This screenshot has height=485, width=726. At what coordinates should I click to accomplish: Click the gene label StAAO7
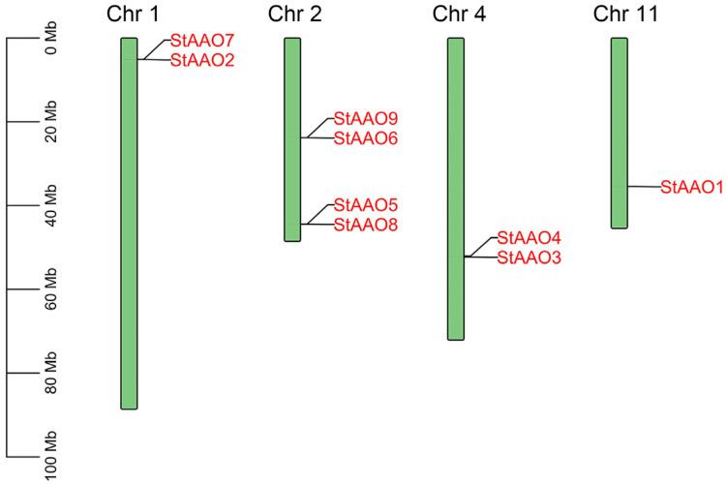pyautogui.click(x=202, y=41)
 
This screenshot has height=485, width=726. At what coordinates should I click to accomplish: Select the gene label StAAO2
pyautogui.click(x=202, y=60)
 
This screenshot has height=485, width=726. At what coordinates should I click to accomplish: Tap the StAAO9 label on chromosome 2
pyautogui.click(x=366, y=118)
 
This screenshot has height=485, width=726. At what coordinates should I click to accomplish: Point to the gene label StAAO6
pyautogui.click(x=366, y=138)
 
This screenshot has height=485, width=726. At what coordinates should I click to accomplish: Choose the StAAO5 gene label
pyautogui.click(x=366, y=204)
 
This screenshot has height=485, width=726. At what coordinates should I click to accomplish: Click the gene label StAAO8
pyautogui.click(x=366, y=225)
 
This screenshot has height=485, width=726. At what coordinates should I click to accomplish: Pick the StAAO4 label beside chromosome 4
pyautogui.click(x=529, y=237)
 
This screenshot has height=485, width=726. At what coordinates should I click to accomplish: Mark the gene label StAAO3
pyautogui.click(x=529, y=258)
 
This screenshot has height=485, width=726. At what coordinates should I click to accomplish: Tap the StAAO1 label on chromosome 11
pyautogui.click(x=692, y=187)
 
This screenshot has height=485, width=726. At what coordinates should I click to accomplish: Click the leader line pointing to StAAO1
pyautogui.click(x=644, y=187)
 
